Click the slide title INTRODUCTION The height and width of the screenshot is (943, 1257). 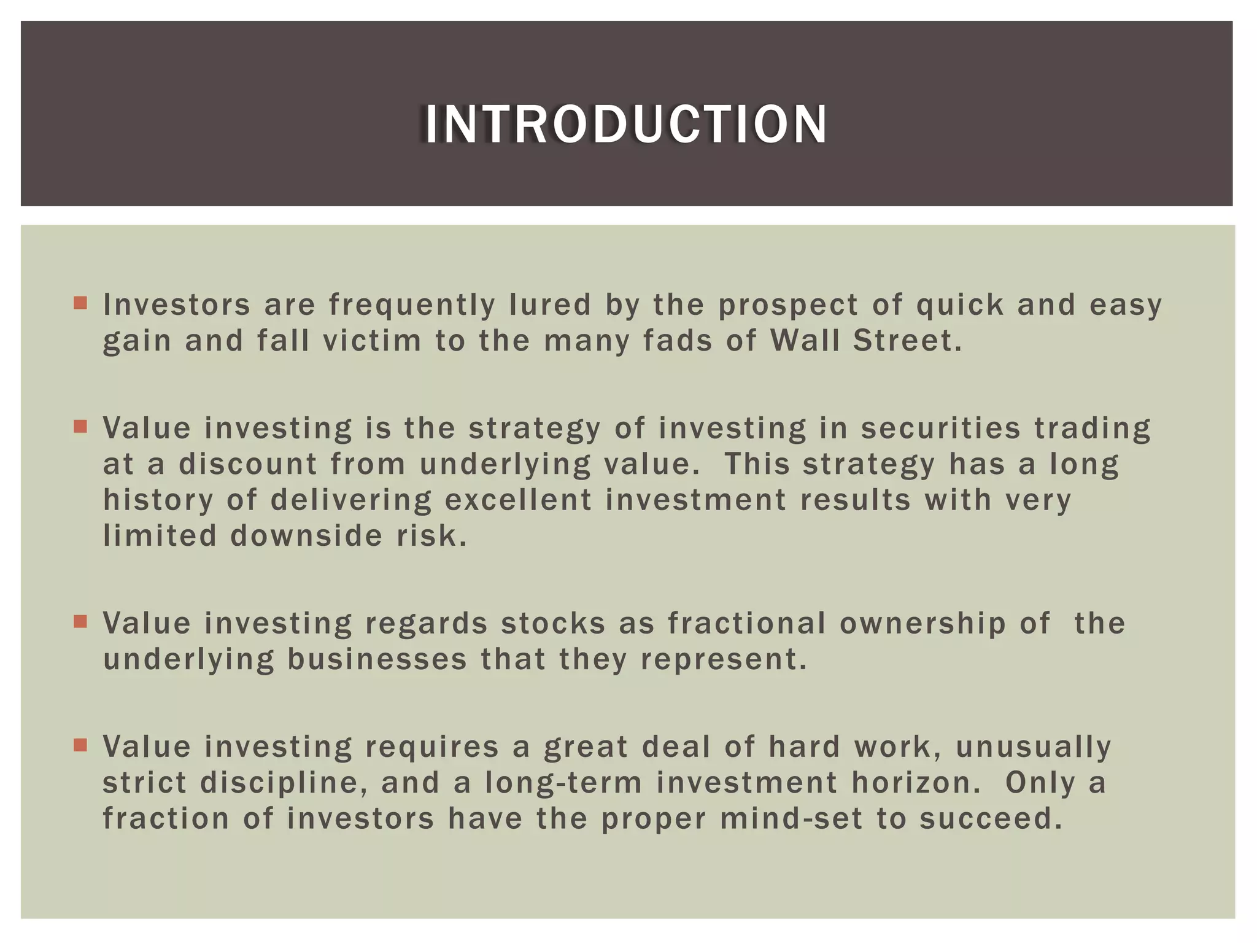pos(626,125)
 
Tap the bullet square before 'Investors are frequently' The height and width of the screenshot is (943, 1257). pos(80,303)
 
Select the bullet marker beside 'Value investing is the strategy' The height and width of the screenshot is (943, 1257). pos(80,426)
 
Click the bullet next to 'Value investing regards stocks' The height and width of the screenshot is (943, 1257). pos(80,621)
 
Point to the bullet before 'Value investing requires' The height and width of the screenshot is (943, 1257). pos(80,745)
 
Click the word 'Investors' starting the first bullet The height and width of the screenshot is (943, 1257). pos(177,305)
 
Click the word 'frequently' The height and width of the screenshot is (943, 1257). pos(412,305)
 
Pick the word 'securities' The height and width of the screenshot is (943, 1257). pos(940,429)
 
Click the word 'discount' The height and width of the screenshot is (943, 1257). pos(248,464)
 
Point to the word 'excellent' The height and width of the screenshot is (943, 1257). pos(518,500)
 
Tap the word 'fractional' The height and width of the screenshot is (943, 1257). pos(747,624)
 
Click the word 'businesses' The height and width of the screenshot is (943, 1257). pos(377,660)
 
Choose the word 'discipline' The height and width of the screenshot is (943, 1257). pos(284,783)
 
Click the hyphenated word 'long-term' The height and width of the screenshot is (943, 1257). pos(563,783)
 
